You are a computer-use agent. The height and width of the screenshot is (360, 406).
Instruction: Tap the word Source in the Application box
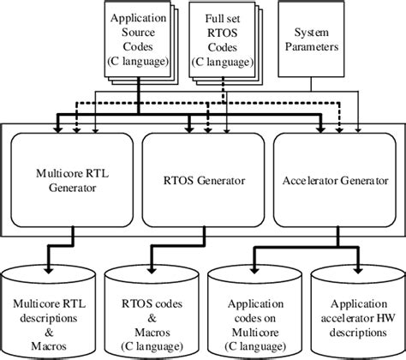click(135, 31)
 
